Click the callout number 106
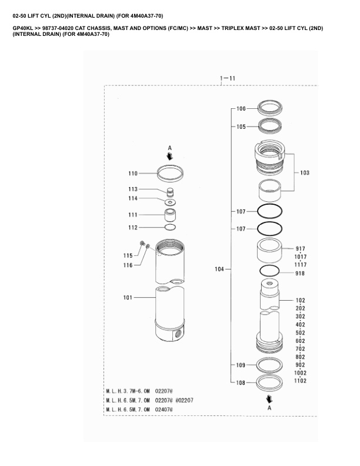tap(241, 109)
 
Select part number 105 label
tap(241, 127)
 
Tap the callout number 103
tap(305, 172)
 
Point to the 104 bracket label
tap(219, 269)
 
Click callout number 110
tap(133, 173)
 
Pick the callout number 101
tap(128, 298)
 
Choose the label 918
tap(300, 274)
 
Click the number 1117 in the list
tap(301, 265)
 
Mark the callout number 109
tap(241, 365)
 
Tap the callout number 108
tap(241, 383)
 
